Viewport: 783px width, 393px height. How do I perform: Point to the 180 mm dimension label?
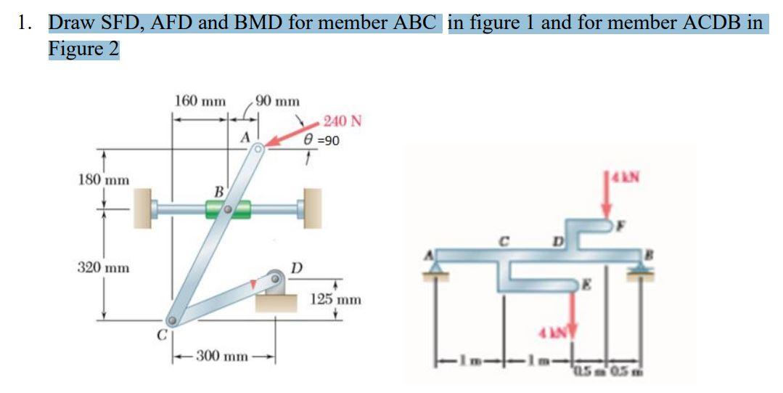(103, 179)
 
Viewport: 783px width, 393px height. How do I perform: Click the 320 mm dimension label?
(103, 268)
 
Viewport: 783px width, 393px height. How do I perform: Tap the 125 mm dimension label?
(336, 299)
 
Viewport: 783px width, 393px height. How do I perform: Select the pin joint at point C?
(172, 320)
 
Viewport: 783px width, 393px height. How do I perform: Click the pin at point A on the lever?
(258, 149)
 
